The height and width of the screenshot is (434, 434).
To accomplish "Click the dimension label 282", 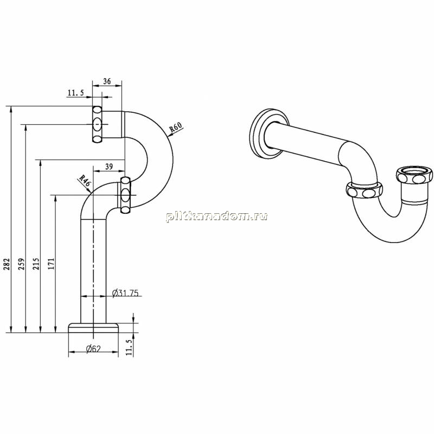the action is (7, 264).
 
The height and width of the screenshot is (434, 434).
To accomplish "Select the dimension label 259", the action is (22, 264).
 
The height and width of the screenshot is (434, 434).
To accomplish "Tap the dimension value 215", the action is (36, 264).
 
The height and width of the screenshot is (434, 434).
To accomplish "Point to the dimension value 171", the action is (52, 264).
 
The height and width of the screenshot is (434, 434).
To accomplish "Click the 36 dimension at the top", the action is (107, 81).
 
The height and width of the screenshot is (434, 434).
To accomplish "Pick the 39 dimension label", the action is (109, 167).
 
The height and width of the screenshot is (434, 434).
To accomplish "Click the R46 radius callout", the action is (85, 181).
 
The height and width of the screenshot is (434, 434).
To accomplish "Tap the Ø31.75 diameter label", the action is (125, 293).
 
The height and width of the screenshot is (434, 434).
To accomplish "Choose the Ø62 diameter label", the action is (93, 349).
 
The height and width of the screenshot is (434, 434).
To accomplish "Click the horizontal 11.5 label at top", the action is (75, 93).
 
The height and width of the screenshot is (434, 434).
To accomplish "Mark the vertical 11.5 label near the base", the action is (129, 347).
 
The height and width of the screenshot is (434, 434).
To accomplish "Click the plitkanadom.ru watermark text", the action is (216, 216).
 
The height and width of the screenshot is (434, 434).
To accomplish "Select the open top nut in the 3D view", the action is (414, 175).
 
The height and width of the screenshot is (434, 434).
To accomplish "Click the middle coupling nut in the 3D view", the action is (364, 190).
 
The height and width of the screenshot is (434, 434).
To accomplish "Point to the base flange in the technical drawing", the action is (93, 328).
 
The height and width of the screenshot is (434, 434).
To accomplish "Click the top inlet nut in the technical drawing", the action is (97, 124).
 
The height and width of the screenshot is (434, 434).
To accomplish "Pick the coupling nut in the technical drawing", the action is (125, 195).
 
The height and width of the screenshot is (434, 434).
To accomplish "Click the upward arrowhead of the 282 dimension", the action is (11, 109).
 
